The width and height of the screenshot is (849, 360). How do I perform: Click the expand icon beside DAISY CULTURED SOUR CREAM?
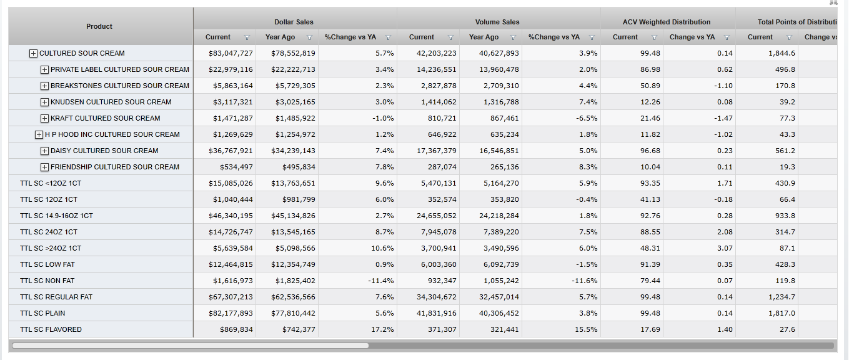[44, 151]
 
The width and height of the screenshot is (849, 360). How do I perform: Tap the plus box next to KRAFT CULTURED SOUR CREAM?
[44, 118]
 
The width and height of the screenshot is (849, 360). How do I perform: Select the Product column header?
[99, 26]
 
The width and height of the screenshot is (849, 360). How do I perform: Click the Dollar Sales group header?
[294, 22]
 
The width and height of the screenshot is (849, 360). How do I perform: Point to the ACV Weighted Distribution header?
[667, 22]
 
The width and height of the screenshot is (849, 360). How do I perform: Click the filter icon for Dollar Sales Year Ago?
[309, 37]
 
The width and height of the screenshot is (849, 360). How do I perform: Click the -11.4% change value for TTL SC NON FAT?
[380, 281]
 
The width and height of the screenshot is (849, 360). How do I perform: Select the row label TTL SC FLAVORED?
[51, 329]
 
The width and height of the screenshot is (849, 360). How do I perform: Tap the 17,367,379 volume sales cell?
[436, 151]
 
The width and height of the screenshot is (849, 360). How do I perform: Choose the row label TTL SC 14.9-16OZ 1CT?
[56, 216]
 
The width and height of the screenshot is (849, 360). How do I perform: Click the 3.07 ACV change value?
[723, 248]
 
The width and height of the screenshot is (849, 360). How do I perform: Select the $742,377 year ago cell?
[295, 329]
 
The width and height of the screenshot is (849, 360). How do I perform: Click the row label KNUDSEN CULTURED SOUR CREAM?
[111, 102]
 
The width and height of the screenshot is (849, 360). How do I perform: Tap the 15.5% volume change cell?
[585, 329]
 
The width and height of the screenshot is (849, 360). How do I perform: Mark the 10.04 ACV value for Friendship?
[650, 167]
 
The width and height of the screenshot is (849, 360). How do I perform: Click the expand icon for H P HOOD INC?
[39, 134]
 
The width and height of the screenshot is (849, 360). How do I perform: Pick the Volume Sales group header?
[497, 22]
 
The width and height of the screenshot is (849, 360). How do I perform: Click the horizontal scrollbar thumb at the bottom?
[190, 345]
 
